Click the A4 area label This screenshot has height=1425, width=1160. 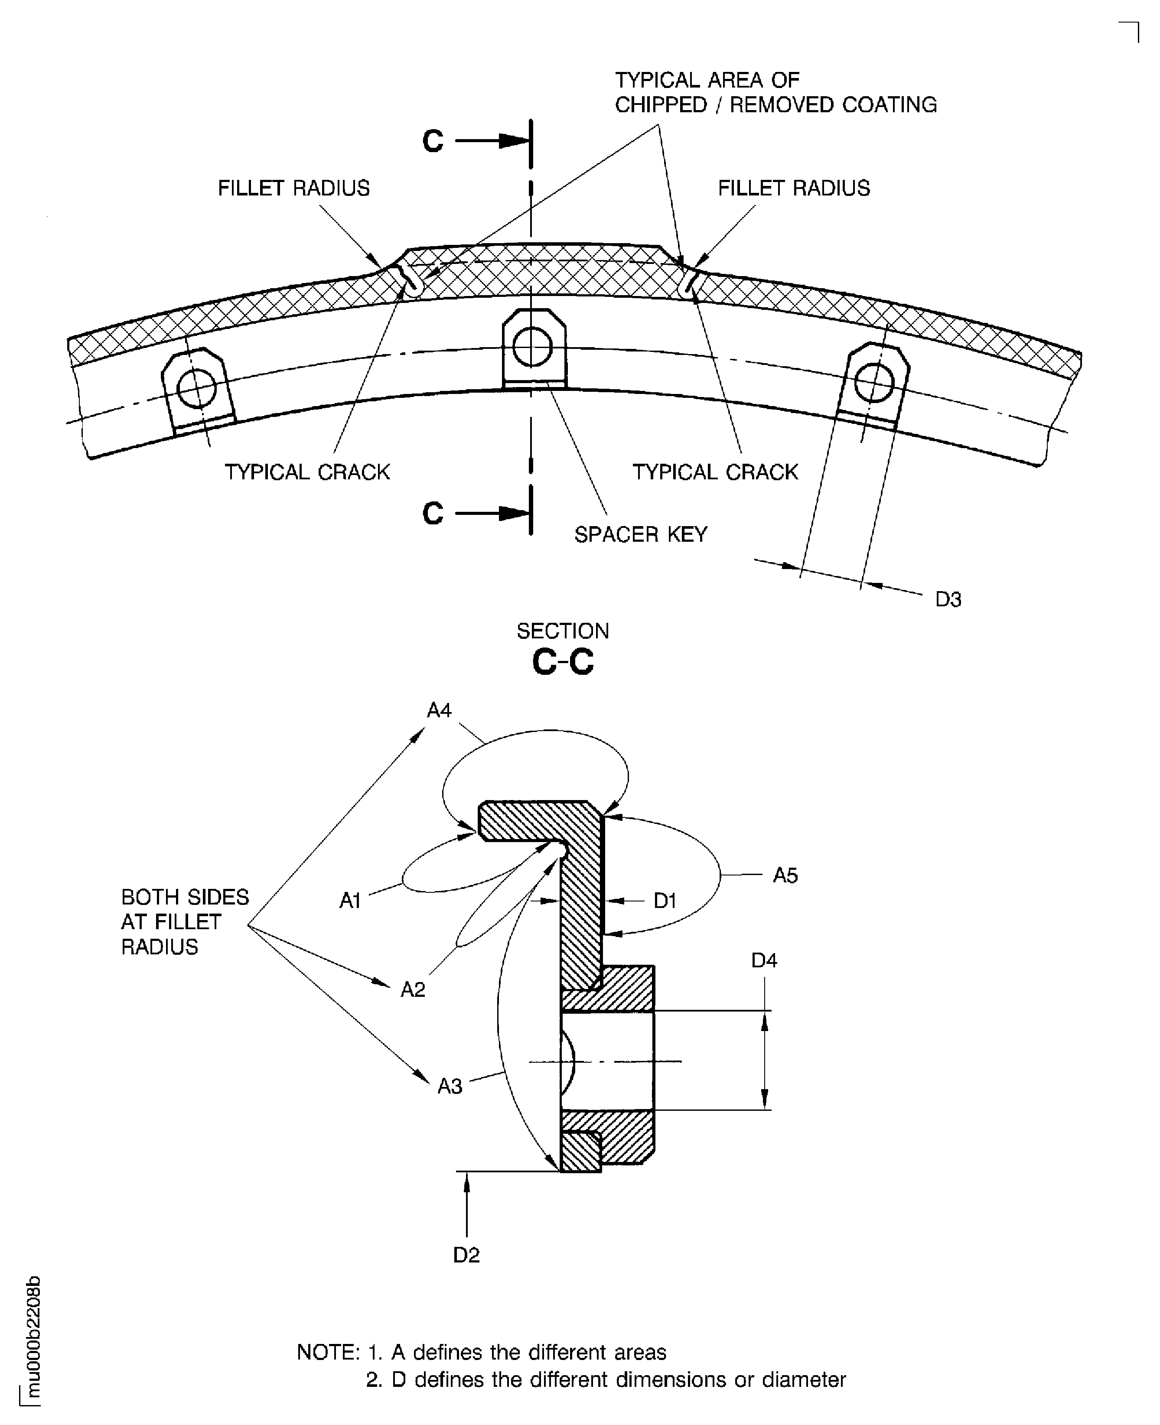coord(439,710)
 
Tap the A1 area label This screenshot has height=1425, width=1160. coord(350,901)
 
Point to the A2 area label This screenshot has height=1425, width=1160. coord(413,989)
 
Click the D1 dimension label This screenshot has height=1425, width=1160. coord(665,901)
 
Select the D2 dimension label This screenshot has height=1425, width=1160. coord(466,1255)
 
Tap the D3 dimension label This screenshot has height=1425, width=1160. coord(948,600)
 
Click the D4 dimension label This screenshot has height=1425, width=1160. coord(764,961)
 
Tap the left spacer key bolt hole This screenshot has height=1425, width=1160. coord(197,389)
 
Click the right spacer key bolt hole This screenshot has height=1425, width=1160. coord(874,383)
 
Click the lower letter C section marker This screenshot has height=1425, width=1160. coord(433,514)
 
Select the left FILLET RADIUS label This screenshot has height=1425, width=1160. coord(293,189)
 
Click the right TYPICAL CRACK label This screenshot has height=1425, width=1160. coord(715,472)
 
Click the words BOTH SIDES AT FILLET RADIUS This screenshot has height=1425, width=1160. coord(184,922)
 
